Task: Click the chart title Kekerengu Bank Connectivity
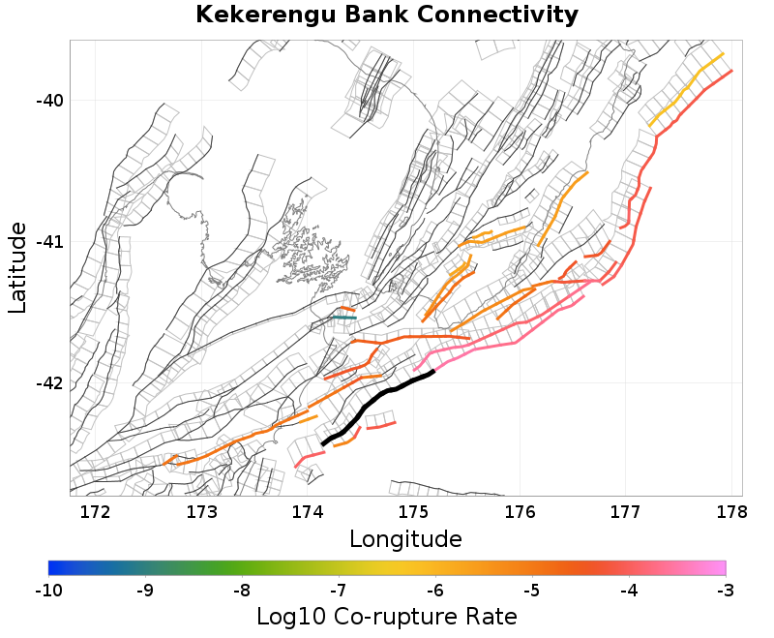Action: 387,15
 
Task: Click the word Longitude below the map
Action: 405,538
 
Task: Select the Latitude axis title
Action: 17,267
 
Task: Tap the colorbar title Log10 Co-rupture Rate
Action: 387,617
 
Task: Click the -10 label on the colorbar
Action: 48,589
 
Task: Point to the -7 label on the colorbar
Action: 339,589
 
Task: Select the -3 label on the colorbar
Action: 726,589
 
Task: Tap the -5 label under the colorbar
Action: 532,589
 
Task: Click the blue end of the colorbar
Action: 54,567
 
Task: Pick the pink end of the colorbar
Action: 720,567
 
